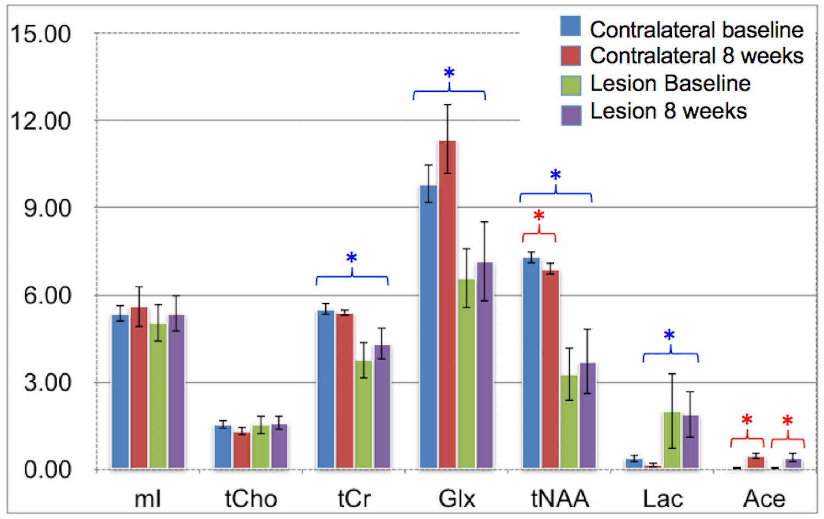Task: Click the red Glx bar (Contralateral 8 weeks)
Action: [x=447, y=305]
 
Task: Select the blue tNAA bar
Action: [x=531, y=363]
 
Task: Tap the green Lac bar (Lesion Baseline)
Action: [x=672, y=440]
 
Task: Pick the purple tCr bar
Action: [x=382, y=406]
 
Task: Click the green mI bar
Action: [x=158, y=396]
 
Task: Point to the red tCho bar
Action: [x=242, y=450]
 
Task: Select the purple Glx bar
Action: [x=485, y=365]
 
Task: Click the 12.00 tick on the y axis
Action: [x=41, y=121]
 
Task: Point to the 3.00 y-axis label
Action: [x=47, y=383]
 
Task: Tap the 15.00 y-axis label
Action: [x=41, y=34]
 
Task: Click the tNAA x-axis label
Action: [x=560, y=499]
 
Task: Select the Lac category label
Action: [x=662, y=499]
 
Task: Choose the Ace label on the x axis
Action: [x=764, y=499]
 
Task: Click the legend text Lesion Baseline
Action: [x=670, y=83]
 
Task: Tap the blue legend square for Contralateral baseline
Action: [x=571, y=26]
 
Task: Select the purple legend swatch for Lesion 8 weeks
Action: [x=571, y=114]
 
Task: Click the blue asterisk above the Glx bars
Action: [x=449, y=73]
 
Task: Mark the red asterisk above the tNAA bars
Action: [x=539, y=216]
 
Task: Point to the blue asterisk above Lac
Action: [x=669, y=335]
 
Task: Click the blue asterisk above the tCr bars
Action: [x=352, y=258]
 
